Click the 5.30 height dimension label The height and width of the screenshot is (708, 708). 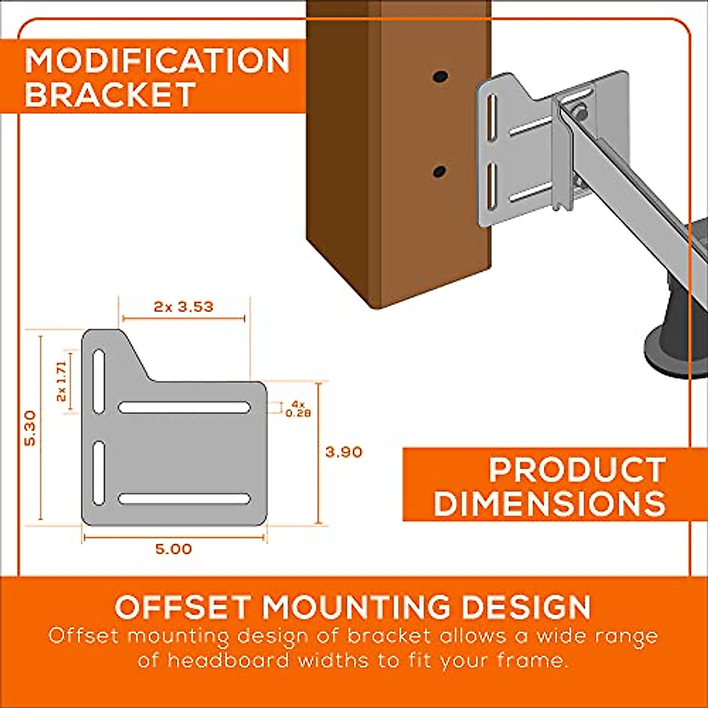tap(30, 428)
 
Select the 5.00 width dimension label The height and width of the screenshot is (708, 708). tap(173, 549)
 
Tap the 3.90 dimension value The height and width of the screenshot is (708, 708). tap(343, 453)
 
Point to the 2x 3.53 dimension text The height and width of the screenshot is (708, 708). tap(183, 307)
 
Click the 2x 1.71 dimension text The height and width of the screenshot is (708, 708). tap(61, 381)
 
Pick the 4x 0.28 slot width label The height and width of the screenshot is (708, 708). tap(298, 409)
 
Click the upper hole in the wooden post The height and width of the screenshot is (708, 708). tap(440, 77)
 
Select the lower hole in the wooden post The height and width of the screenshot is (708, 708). tap(439, 171)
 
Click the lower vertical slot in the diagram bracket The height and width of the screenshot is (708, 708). tap(99, 473)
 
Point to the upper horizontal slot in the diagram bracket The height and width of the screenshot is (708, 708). tap(185, 407)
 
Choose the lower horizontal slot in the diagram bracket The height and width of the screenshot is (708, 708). tap(185, 499)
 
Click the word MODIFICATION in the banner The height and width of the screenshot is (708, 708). tap(158, 61)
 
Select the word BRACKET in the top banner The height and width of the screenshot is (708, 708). tap(110, 94)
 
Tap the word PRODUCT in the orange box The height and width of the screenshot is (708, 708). tap(577, 470)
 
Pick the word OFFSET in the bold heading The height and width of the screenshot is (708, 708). tap(184, 607)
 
